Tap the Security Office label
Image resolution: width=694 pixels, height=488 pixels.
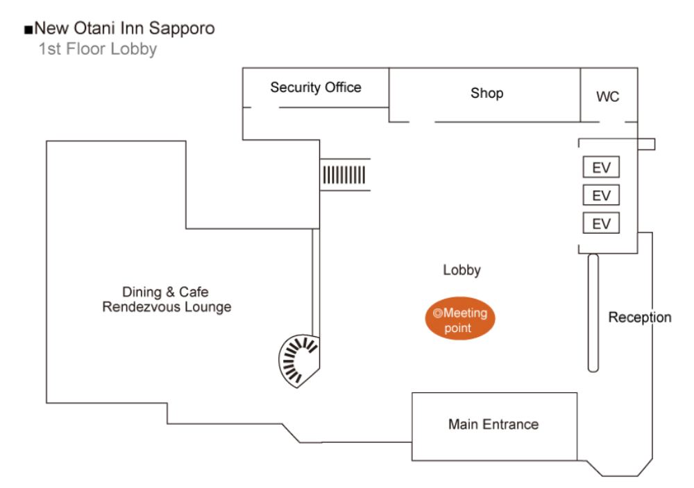(316, 87)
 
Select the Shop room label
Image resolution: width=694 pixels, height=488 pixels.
(486, 93)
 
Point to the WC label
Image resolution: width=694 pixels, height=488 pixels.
(607, 97)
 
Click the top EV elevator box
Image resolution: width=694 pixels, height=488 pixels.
(601, 168)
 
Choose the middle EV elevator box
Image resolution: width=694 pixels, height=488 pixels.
(601, 195)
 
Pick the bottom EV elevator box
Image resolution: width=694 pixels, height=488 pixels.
(601, 223)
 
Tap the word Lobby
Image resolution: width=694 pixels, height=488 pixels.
(462, 270)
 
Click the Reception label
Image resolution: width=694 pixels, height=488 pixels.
(640, 317)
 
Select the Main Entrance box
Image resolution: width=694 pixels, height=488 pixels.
(494, 425)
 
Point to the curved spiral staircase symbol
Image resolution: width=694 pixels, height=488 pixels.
(298, 359)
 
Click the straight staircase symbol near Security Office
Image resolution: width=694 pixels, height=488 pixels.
(344, 173)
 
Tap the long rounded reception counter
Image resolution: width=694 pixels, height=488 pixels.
(593, 313)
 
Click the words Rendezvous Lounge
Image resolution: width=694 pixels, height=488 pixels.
(167, 307)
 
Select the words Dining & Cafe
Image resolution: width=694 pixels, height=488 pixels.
(165, 292)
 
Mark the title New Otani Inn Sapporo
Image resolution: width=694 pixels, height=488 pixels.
(124, 28)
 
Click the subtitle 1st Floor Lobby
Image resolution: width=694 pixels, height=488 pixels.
(98, 49)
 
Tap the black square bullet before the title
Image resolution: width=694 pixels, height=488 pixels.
(28, 30)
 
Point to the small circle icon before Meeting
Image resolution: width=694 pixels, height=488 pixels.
(437, 313)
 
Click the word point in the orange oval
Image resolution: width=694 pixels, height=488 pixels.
(457, 328)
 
